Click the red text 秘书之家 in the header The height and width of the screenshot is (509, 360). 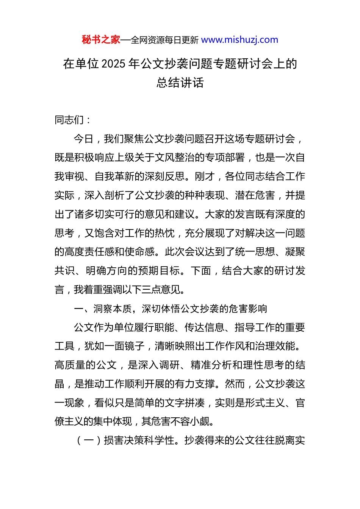click(x=101, y=40)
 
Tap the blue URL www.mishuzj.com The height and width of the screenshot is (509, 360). click(x=239, y=40)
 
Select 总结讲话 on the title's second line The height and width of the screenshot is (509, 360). click(x=180, y=83)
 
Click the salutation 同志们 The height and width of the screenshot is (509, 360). click(x=69, y=120)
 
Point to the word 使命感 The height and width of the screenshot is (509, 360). click(x=140, y=252)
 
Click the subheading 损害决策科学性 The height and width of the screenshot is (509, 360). click(x=139, y=440)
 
